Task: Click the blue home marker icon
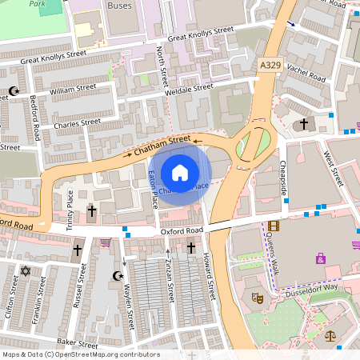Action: [x=180, y=172]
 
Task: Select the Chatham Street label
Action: [x=163, y=143]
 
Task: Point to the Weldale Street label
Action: [x=188, y=88]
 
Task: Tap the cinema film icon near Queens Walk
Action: [x=274, y=226]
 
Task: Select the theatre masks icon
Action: [x=258, y=297]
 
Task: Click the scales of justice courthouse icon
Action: [x=331, y=337]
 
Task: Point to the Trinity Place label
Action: [x=70, y=206]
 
